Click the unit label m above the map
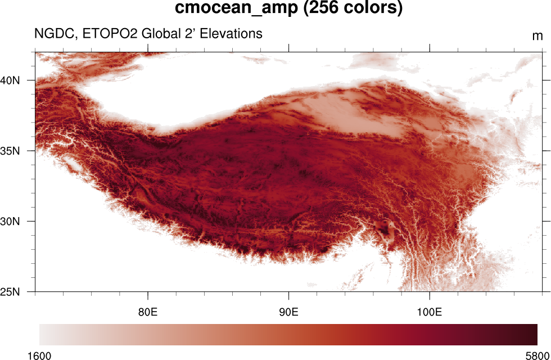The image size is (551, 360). [x=538, y=37]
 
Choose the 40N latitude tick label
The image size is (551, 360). [x=10, y=80]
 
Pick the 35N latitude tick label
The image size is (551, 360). [x=10, y=151]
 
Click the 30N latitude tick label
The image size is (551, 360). [x=10, y=221]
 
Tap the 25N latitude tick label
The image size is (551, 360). [x=10, y=292]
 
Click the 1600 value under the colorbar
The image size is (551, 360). [x=39, y=355]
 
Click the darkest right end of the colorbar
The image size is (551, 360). [x=534, y=334]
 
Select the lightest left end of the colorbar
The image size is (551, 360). [x=43, y=334]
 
